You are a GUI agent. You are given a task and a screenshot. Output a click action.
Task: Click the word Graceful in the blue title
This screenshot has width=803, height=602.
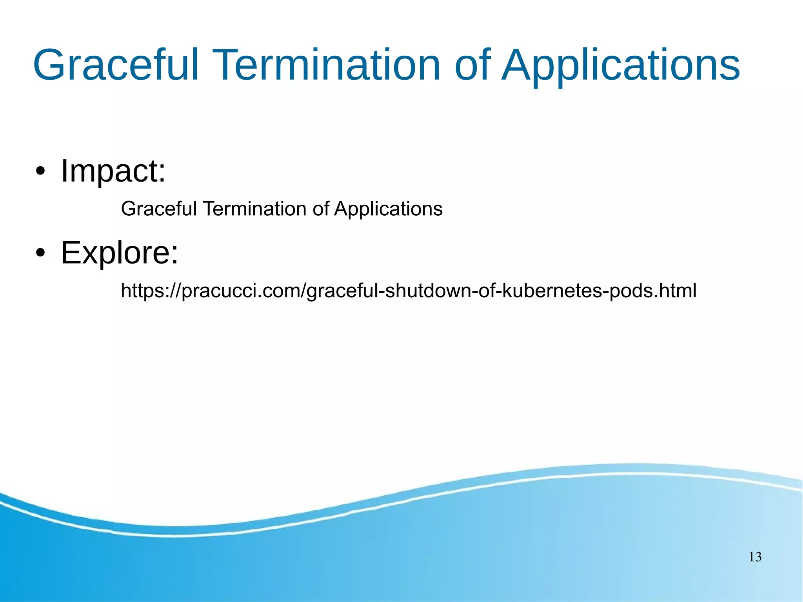[116, 65]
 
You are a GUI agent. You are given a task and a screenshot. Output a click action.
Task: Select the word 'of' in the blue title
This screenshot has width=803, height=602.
[472, 65]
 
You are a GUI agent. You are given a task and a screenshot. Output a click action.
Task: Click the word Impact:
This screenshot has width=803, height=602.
[113, 171]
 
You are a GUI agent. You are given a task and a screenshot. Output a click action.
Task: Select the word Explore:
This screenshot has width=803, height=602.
[120, 253]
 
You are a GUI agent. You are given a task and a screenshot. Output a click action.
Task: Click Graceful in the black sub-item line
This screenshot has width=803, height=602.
[158, 209]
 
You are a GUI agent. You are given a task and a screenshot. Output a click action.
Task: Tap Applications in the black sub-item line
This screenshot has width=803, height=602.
[388, 209]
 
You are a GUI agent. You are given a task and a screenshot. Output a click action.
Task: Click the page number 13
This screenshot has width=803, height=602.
[755, 557]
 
